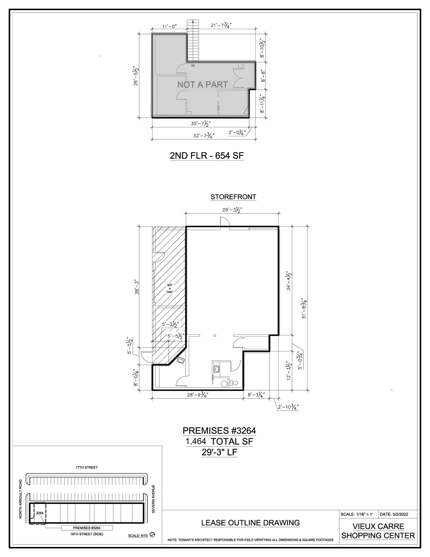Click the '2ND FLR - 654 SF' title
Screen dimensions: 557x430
pos(207,156)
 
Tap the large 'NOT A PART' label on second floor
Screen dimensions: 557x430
pos(202,85)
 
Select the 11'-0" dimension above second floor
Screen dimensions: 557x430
pos(170,26)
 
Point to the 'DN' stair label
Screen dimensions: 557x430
pos(193,66)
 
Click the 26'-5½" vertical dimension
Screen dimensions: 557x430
pos(136,76)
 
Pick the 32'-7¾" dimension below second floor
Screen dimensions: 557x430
pos(204,135)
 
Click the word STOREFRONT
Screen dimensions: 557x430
pos(233,197)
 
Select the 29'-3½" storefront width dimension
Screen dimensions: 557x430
pos(232,210)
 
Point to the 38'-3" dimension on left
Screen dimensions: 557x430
pos(137,287)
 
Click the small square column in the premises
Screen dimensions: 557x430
pos(215,336)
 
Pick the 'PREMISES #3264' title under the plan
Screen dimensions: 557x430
pos(219,431)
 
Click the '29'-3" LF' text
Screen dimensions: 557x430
pos(219,452)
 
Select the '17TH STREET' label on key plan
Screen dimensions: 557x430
pos(87,467)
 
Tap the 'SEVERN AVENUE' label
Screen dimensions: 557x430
pos(153,499)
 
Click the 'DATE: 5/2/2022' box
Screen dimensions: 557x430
pos(397,514)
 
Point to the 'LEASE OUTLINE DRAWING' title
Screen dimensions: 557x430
pos(250,523)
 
